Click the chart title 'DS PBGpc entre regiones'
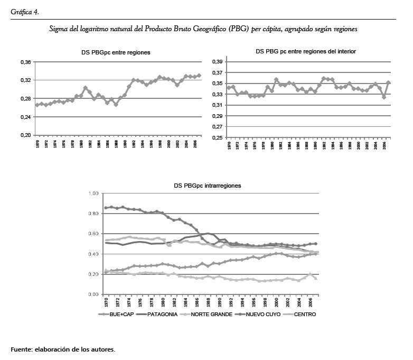click(112, 52)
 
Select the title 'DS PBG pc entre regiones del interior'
click(306, 51)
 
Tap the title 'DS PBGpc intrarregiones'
click(208, 186)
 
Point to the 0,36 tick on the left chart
click(25, 62)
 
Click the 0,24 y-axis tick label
click(25, 117)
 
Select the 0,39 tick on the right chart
click(216, 62)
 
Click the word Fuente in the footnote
click(22, 349)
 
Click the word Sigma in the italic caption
click(58, 30)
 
